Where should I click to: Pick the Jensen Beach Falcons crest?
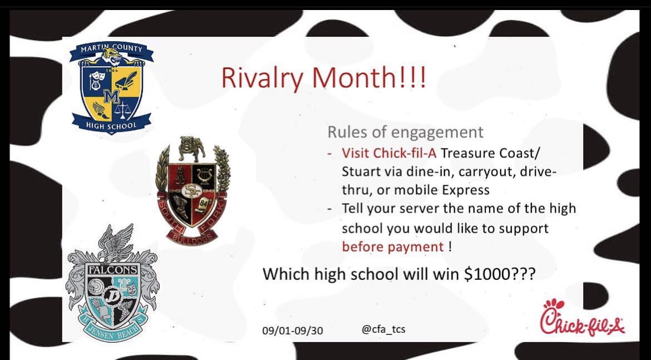tap(112, 283)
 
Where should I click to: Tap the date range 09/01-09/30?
tap(292, 331)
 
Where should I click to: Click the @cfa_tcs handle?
tap(383, 330)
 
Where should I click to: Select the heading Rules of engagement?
tap(406, 132)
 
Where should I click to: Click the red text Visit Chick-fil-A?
tap(389, 153)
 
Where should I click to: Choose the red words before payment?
tap(393, 247)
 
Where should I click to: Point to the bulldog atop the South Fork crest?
tap(192, 148)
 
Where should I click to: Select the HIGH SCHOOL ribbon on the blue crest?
tap(111, 124)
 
